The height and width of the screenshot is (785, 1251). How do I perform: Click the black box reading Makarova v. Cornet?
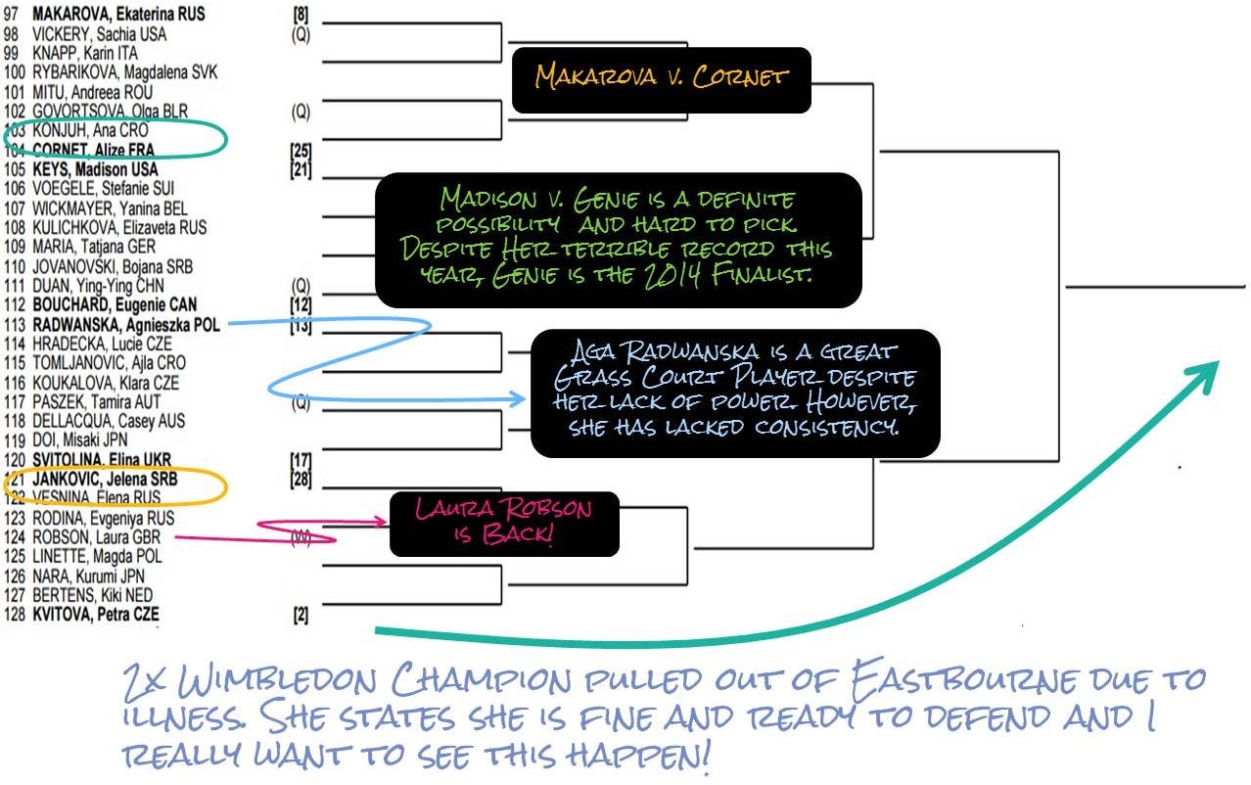click(x=661, y=79)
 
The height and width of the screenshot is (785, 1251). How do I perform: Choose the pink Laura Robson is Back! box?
click(x=504, y=524)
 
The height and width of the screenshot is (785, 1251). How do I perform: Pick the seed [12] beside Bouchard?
click(x=301, y=305)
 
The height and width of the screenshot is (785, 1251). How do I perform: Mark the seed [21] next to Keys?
click(x=301, y=169)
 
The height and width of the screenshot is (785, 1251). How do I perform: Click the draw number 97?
click(x=13, y=15)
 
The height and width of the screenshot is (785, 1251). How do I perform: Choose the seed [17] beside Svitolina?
click(x=301, y=460)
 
